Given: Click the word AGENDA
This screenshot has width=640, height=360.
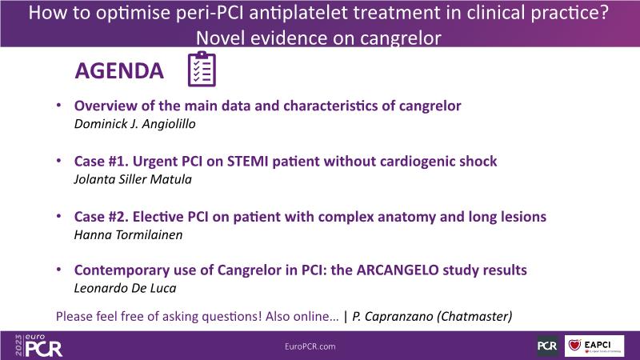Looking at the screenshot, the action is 119,71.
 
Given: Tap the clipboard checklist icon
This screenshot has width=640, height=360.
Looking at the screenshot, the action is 202,69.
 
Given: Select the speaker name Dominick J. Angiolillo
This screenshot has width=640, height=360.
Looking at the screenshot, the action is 134,124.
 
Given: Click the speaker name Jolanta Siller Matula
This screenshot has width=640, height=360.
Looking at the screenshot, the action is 133,179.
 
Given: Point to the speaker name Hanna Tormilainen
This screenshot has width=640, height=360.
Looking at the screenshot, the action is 128,234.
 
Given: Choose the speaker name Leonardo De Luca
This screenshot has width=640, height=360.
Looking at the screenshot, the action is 125,288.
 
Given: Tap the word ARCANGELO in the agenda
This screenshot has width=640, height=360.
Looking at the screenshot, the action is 398,270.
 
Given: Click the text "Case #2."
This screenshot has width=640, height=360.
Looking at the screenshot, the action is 102,217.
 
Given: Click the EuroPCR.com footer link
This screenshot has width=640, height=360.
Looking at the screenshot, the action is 310,346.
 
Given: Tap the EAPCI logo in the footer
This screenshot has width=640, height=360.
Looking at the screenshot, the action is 594,346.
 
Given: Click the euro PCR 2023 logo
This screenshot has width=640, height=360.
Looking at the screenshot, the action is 38,346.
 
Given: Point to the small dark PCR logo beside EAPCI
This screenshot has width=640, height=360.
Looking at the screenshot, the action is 547,346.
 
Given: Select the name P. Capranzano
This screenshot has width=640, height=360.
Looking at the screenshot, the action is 393,316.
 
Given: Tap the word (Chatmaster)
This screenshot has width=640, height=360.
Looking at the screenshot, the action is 474,316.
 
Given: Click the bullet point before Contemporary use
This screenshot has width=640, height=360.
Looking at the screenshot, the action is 58,270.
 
